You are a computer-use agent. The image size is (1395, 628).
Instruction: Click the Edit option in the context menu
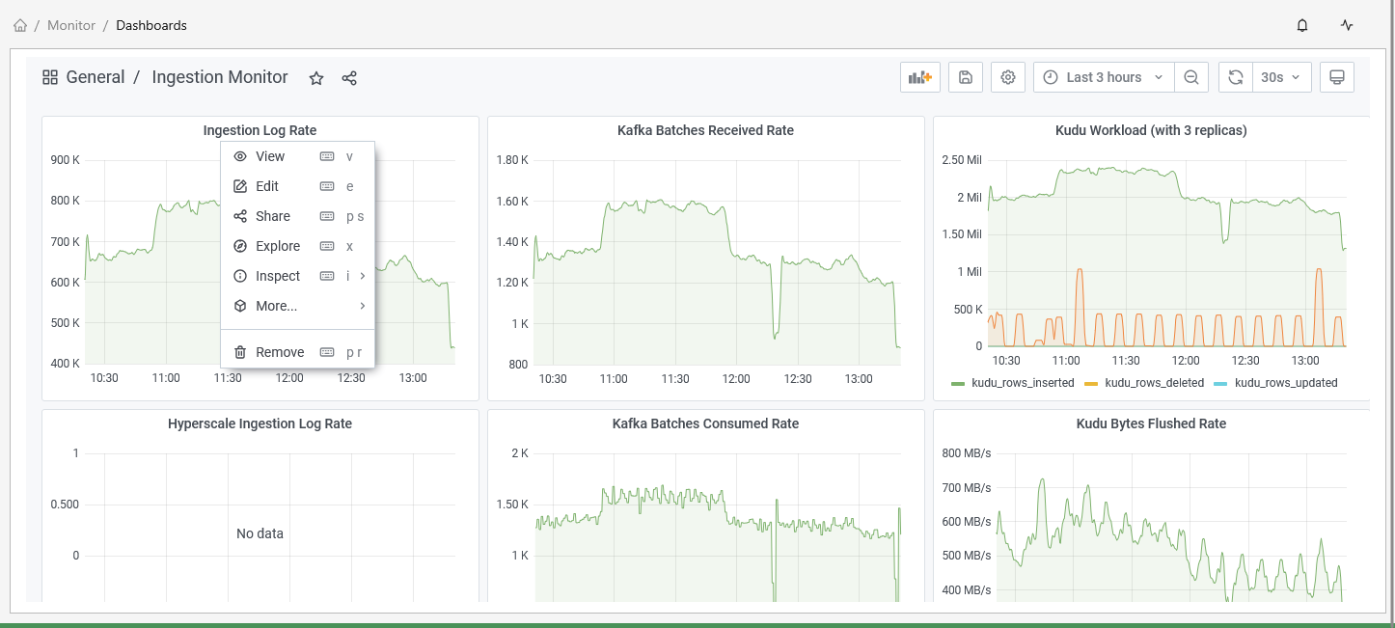coord(267,186)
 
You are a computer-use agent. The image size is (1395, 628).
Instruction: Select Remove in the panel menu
coord(280,352)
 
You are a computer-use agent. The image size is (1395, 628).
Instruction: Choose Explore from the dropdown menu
coord(278,246)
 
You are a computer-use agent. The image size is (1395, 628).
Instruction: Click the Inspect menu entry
coord(278,276)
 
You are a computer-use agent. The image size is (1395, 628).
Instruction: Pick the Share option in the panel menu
coord(273,216)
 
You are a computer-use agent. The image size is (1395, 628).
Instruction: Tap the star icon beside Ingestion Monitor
coord(316,78)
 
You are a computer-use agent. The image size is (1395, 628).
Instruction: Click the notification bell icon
coord(1302,25)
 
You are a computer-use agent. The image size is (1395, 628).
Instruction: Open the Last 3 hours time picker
coord(1104,77)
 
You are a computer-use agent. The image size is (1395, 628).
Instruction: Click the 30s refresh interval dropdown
coord(1281,77)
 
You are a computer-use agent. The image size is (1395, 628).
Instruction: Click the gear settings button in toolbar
coord(1008,77)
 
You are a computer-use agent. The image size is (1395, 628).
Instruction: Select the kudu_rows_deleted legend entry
coord(1154,383)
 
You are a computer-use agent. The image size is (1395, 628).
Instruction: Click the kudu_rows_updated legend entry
coord(1286,383)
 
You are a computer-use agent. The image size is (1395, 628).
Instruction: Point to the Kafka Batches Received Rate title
coord(705,130)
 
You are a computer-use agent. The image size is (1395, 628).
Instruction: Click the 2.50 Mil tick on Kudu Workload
coord(962,159)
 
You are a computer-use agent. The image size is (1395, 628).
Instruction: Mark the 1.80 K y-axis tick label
coord(512,159)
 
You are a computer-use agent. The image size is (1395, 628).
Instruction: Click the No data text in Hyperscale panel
coord(260,533)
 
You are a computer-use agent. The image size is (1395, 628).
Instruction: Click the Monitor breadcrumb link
coord(71,25)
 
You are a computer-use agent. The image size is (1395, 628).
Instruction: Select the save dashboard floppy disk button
coord(966,77)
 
